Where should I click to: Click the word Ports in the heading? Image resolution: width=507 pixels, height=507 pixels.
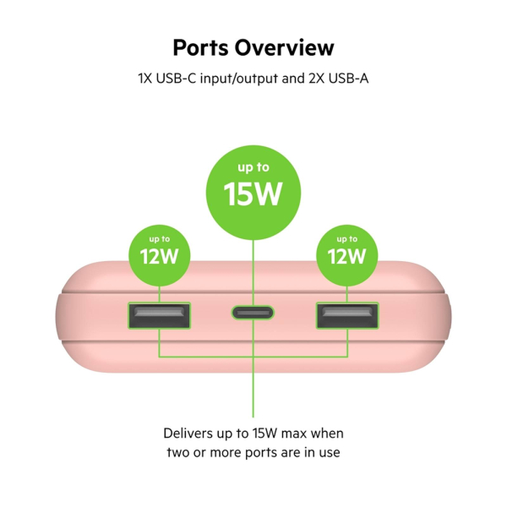tap(200, 48)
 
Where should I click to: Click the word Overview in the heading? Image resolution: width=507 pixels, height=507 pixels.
tap(284, 48)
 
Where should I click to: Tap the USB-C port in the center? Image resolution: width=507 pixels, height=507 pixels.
tap(253, 313)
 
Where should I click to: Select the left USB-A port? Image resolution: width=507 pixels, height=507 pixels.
tap(159, 315)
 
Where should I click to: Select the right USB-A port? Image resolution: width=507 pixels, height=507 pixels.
tap(347, 315)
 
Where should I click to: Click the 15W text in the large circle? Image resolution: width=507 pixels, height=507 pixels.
tap(253, 194)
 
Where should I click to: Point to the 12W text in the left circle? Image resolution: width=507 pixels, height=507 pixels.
tap(159, 256)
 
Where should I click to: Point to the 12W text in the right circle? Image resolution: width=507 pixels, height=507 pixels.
tap(347, 256)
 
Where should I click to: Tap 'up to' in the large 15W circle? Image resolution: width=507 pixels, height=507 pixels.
tap(253, 167)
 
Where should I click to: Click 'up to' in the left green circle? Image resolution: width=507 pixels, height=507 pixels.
tap(160, 239)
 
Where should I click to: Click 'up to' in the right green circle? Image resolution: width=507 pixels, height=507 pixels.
tap(347, 239)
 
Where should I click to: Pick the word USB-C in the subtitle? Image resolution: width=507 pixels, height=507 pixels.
tap(177, 79)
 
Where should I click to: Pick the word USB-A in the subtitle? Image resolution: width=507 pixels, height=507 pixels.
tap(348, 79)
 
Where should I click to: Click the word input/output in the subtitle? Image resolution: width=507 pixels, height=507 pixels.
tap(239, 79)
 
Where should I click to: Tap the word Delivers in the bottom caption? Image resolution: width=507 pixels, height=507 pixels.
tap(188, 433)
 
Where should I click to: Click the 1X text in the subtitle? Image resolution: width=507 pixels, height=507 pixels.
tap(145, 79)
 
